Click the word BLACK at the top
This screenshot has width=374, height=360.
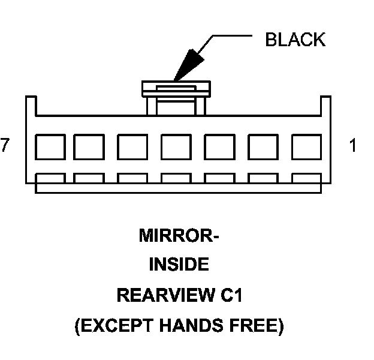[x=295, y=40]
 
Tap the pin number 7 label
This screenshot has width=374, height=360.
[x=5, y=145]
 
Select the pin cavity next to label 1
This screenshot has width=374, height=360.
[x=306, y=146]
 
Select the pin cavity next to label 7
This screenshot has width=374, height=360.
[x=50, y=146]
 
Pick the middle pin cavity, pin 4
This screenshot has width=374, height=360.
[x=176, y=146]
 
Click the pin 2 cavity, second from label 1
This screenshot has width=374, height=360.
[x=263, y=146]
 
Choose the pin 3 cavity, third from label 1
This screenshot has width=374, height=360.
[x=219, y=146]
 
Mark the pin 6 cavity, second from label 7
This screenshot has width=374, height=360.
[x=89, y=146]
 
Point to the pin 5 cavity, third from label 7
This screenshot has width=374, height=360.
[x=132, y=146]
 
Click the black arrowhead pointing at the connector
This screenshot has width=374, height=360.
[x=187, y=64]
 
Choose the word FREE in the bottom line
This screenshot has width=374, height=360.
[x=256, y=326]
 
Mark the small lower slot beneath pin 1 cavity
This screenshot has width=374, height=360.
[x=306, y=178]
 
